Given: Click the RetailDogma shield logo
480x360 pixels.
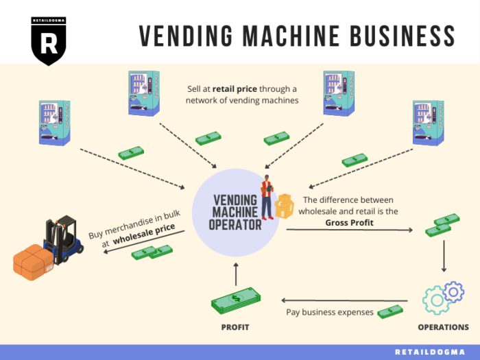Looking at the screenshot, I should [x=49, y=40].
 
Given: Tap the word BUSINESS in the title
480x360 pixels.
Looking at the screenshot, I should [x=398, y=34].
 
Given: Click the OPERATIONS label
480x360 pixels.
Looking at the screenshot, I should [x=443, y=327].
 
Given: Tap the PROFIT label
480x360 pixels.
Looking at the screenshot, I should [x=235, y=327].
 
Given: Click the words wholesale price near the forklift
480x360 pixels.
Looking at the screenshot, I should [x=145, y=230].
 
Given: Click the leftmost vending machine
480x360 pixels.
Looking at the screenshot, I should [x=54, y=123].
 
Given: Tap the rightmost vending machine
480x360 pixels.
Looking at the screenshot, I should [x=429, y=123].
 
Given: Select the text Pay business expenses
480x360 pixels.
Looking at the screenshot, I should [x=328, y=312].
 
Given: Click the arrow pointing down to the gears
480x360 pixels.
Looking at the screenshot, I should [x=444, y=256].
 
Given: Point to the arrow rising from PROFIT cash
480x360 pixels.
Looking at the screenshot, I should [x=235, y=275].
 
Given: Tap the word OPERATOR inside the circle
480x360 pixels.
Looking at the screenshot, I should [x=235, y=224].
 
